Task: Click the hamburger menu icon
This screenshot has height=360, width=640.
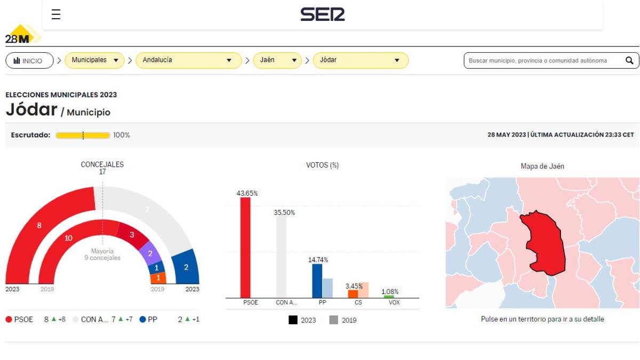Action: (x=56, y=14)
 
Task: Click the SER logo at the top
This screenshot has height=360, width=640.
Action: (x=322, y=14)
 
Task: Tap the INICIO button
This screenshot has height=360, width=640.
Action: (x=29, y=61)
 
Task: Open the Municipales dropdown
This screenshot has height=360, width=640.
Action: (x=94, y=60)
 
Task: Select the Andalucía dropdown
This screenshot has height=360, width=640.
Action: (x=188, y=60)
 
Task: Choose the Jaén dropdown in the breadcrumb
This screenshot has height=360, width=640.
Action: (x=277, y=60)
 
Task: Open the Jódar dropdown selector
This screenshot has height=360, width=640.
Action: (x=360, y=60)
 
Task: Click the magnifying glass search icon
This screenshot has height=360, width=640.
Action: (x=629, y=60)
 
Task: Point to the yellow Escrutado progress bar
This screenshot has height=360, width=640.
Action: (x=83, y=135)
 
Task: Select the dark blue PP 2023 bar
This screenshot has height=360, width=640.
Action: (x=317, y=281)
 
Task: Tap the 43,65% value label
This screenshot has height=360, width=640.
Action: (x=247, y=193)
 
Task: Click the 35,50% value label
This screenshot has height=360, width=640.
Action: (x=284, y=212)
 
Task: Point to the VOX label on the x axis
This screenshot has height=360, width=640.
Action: (x=394, y=302)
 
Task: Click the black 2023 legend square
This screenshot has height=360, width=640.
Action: (x=293, y=320)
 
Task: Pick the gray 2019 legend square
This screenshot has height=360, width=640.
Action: (x=334, y=320)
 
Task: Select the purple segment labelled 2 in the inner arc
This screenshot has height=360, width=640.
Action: (x=150, y=254)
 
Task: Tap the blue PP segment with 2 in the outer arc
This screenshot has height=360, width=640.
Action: (x=186, y=267)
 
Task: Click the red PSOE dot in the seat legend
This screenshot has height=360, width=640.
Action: (x=9, y=319)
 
